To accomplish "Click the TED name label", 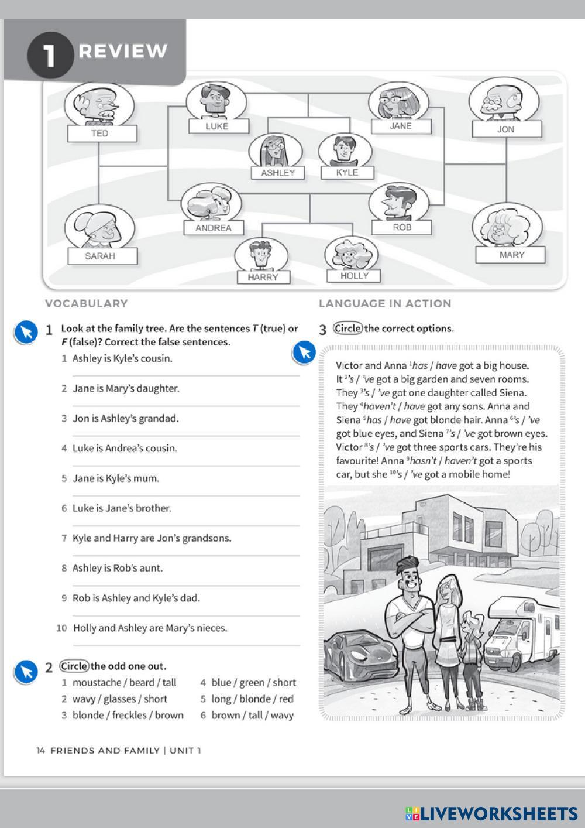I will pyautogui.click(x=101, y=134).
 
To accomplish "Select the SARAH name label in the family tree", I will pyautogui.click(x=101, y=256).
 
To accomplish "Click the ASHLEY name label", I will pyautogui.click(x=278, y=173).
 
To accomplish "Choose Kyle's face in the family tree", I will pyautogui.click(x=344, y=150).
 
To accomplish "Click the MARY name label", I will pyautogui.click(x=511, y=255).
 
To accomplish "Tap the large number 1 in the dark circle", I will pyautogui.click(x=50, y=55).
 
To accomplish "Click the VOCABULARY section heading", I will pyautogui.click(x=86, y=303).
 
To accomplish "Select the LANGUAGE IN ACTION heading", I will pyautogui.click(x=385, y=303).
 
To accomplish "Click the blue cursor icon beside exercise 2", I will pyautogui.click(x=26, y=672).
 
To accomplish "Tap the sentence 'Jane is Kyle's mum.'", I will pyautogui.click(x=116, y=478).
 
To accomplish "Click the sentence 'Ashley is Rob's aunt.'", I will pyautogui.click(x=118, y=568).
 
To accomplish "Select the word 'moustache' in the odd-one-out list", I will pyautogui.click(x=97, y=682).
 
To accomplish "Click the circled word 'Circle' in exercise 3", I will pyautogui.click(x=348, y=329).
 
